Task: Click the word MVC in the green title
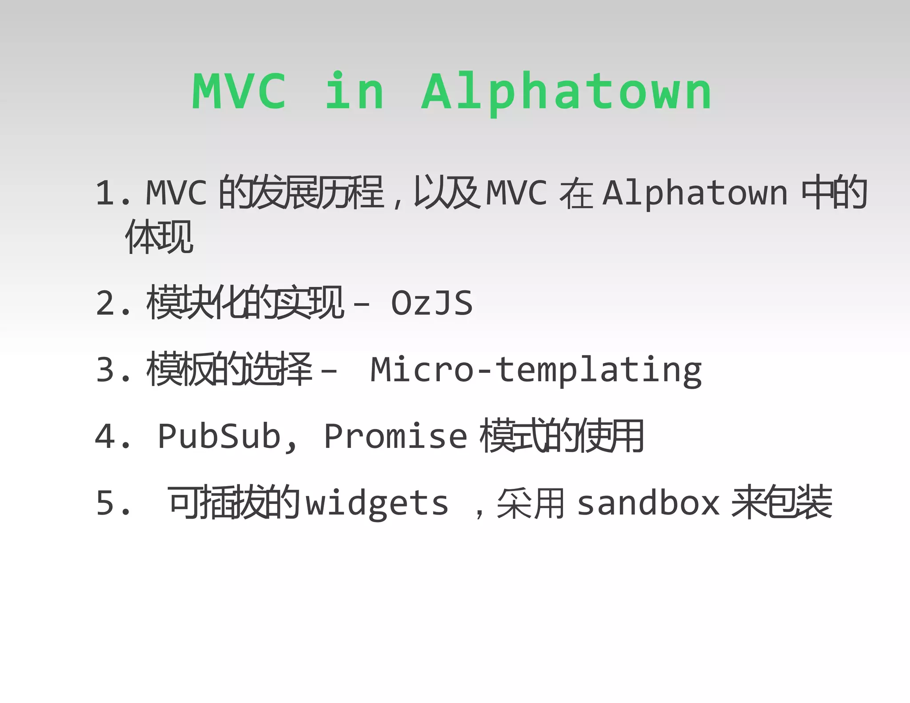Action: click(x=239, y=91)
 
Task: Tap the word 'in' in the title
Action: click(x=354, y=91)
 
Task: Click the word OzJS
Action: click(x=431, y=304)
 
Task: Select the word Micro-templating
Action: click(x=536, y=370)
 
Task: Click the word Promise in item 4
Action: click(x=395, y=436)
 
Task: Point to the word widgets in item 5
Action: click(x=377, y=504)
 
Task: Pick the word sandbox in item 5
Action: click(x=648, y=503)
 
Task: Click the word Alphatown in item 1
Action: click(x=695, y=194)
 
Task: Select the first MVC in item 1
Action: click(x=176, y=193)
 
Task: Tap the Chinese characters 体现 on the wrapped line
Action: click(x=159, y=237)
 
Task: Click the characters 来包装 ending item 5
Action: click(x=782, y=502)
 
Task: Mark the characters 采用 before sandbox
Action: click(x=531, y=503)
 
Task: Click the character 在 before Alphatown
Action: click(x=576, y=194)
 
